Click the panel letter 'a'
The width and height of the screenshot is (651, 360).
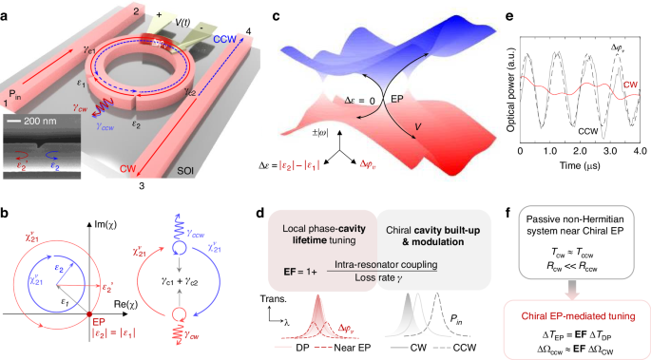tap(9, 9)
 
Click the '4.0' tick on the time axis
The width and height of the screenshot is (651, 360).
tap(641, 152)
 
